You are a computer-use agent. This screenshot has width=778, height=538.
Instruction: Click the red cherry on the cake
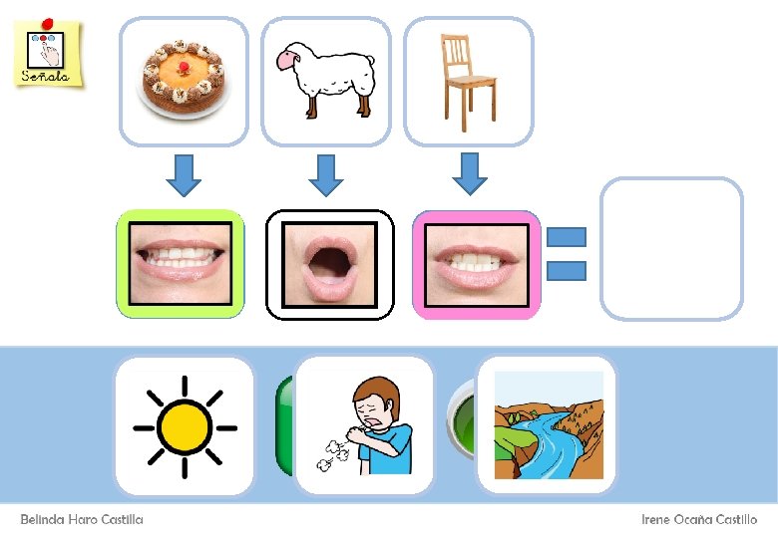tap(185, 66)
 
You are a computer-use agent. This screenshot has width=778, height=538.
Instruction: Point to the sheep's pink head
tap(290, 61)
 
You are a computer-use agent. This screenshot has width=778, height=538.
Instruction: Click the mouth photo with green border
tap(181, 264)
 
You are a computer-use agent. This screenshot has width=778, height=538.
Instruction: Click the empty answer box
tap(671, 248)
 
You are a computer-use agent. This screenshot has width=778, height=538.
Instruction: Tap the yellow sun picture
tap(185, 426)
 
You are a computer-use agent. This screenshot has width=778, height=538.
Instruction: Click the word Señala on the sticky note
tap(46, 75)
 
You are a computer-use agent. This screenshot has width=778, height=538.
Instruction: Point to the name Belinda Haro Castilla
tap(82, 520)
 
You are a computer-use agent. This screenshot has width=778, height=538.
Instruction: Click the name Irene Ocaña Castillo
tap(699, 520)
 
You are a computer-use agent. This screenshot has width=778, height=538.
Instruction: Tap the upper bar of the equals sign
tap(566, 237)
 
